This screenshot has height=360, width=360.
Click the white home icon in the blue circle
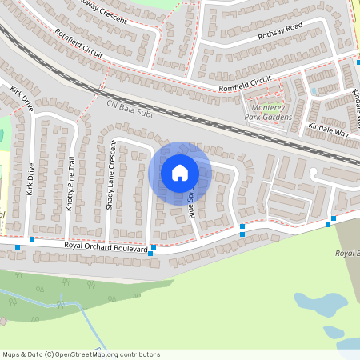179,173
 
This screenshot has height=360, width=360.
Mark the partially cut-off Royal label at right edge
346,254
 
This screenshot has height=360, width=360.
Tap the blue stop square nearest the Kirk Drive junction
31,239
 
